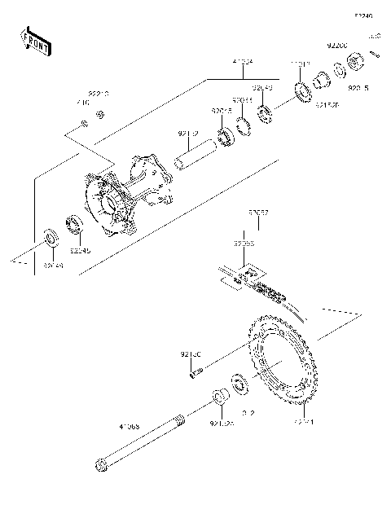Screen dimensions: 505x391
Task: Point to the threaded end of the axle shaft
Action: click(178, 420)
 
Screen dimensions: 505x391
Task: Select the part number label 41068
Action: click(130, 426)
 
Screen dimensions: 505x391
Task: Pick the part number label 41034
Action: click(242, 60)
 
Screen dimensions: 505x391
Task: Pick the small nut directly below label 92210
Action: click(100, 113)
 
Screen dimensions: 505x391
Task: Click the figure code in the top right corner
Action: click(362, 15)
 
